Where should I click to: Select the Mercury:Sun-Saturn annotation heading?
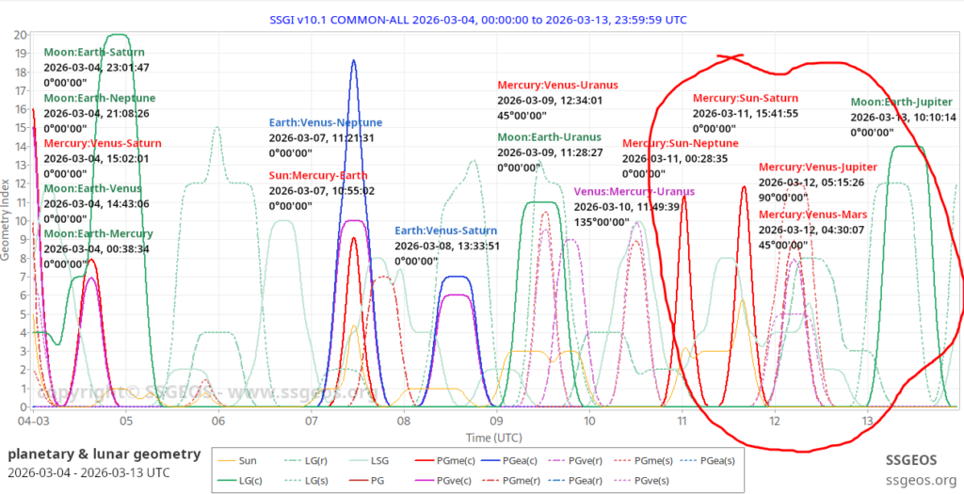click(746, 98)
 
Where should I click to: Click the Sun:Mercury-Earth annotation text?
click(318, 175)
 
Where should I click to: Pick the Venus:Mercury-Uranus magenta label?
click(634, 191)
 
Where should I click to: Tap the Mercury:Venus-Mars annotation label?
click(813, 215)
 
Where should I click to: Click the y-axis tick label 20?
click(20, 35)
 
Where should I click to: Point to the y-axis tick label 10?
click(20, 221)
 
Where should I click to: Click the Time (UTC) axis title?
click(494, 438)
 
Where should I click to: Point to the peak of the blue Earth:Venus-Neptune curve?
click(354, 60)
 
